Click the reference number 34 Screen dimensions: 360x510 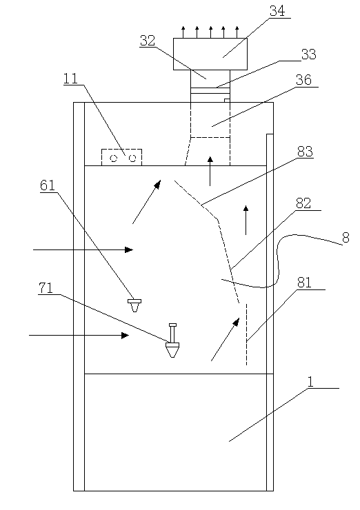pos(277,11)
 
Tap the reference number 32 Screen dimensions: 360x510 pos(148,41)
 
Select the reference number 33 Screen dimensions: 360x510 pos(308,54)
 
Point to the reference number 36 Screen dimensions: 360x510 pos(303,80)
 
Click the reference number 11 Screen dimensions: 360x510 pos(70,79)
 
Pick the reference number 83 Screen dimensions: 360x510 pos(305,152)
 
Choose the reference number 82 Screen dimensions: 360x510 pos(303,203)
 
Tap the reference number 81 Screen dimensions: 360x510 pos(304,283)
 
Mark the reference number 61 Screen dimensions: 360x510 pos(48,185)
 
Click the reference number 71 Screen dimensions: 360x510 pos(46,288)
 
